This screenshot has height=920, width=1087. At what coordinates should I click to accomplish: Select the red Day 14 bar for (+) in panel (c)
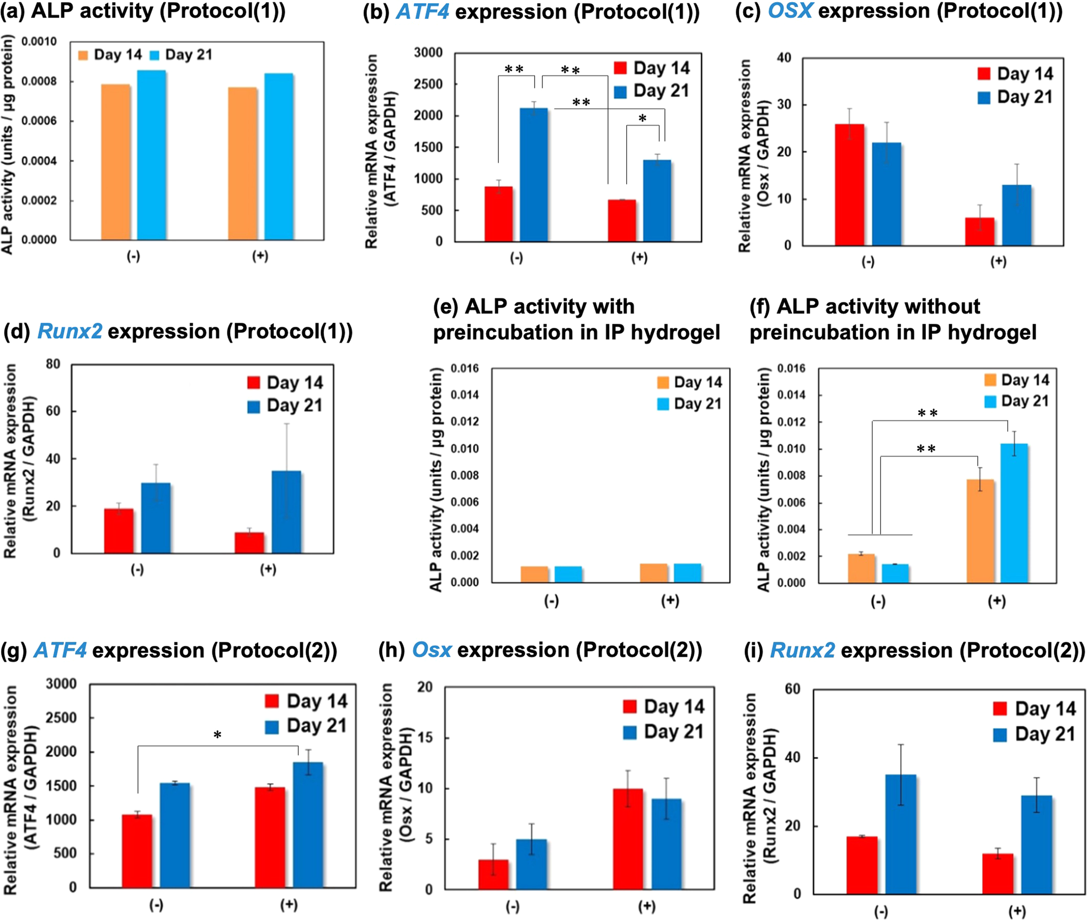pyautogui.click(x=979, y=232)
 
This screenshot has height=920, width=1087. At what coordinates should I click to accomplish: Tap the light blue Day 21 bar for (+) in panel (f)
pyautogui.click(x=1014, y=513)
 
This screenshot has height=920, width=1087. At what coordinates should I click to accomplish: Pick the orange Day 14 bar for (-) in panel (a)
pyautogui.click(x=116, y=162)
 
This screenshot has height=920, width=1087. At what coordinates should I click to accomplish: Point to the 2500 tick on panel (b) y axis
pyautogui.click(x=428, y=84)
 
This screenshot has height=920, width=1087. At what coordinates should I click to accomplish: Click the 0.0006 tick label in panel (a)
pyautogui.click(x=39, y=121)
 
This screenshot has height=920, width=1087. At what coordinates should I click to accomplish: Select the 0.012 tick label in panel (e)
pyautogui.click(x=465, y=422)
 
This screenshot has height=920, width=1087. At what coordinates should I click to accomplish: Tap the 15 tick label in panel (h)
pyautogui.click(x=425, y=738)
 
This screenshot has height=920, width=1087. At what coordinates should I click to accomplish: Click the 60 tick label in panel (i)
pyautogui.click(x=792, y=689)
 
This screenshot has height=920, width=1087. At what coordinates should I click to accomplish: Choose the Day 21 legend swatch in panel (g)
pyautogui.click(x=272, y=726)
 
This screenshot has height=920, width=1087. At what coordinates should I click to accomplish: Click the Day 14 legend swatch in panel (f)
pyautogui.click(x=990, y=380)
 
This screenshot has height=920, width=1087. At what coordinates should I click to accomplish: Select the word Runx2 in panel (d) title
pyautogui.click(x=70, y=331)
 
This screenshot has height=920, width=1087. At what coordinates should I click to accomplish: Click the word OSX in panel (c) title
pyautogui.click(x=790, y=11)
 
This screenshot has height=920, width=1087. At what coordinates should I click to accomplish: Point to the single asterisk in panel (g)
pyautogui.click(x=217, y=735)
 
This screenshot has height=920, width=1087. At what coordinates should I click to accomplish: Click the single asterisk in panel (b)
pyautogui.click(x=642, y=119)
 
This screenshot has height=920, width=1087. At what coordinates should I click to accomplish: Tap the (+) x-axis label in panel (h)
pyautogui.click(x=646, y=906)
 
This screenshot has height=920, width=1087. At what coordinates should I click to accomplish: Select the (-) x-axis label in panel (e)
pyautogui.click(x=551, y=601)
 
